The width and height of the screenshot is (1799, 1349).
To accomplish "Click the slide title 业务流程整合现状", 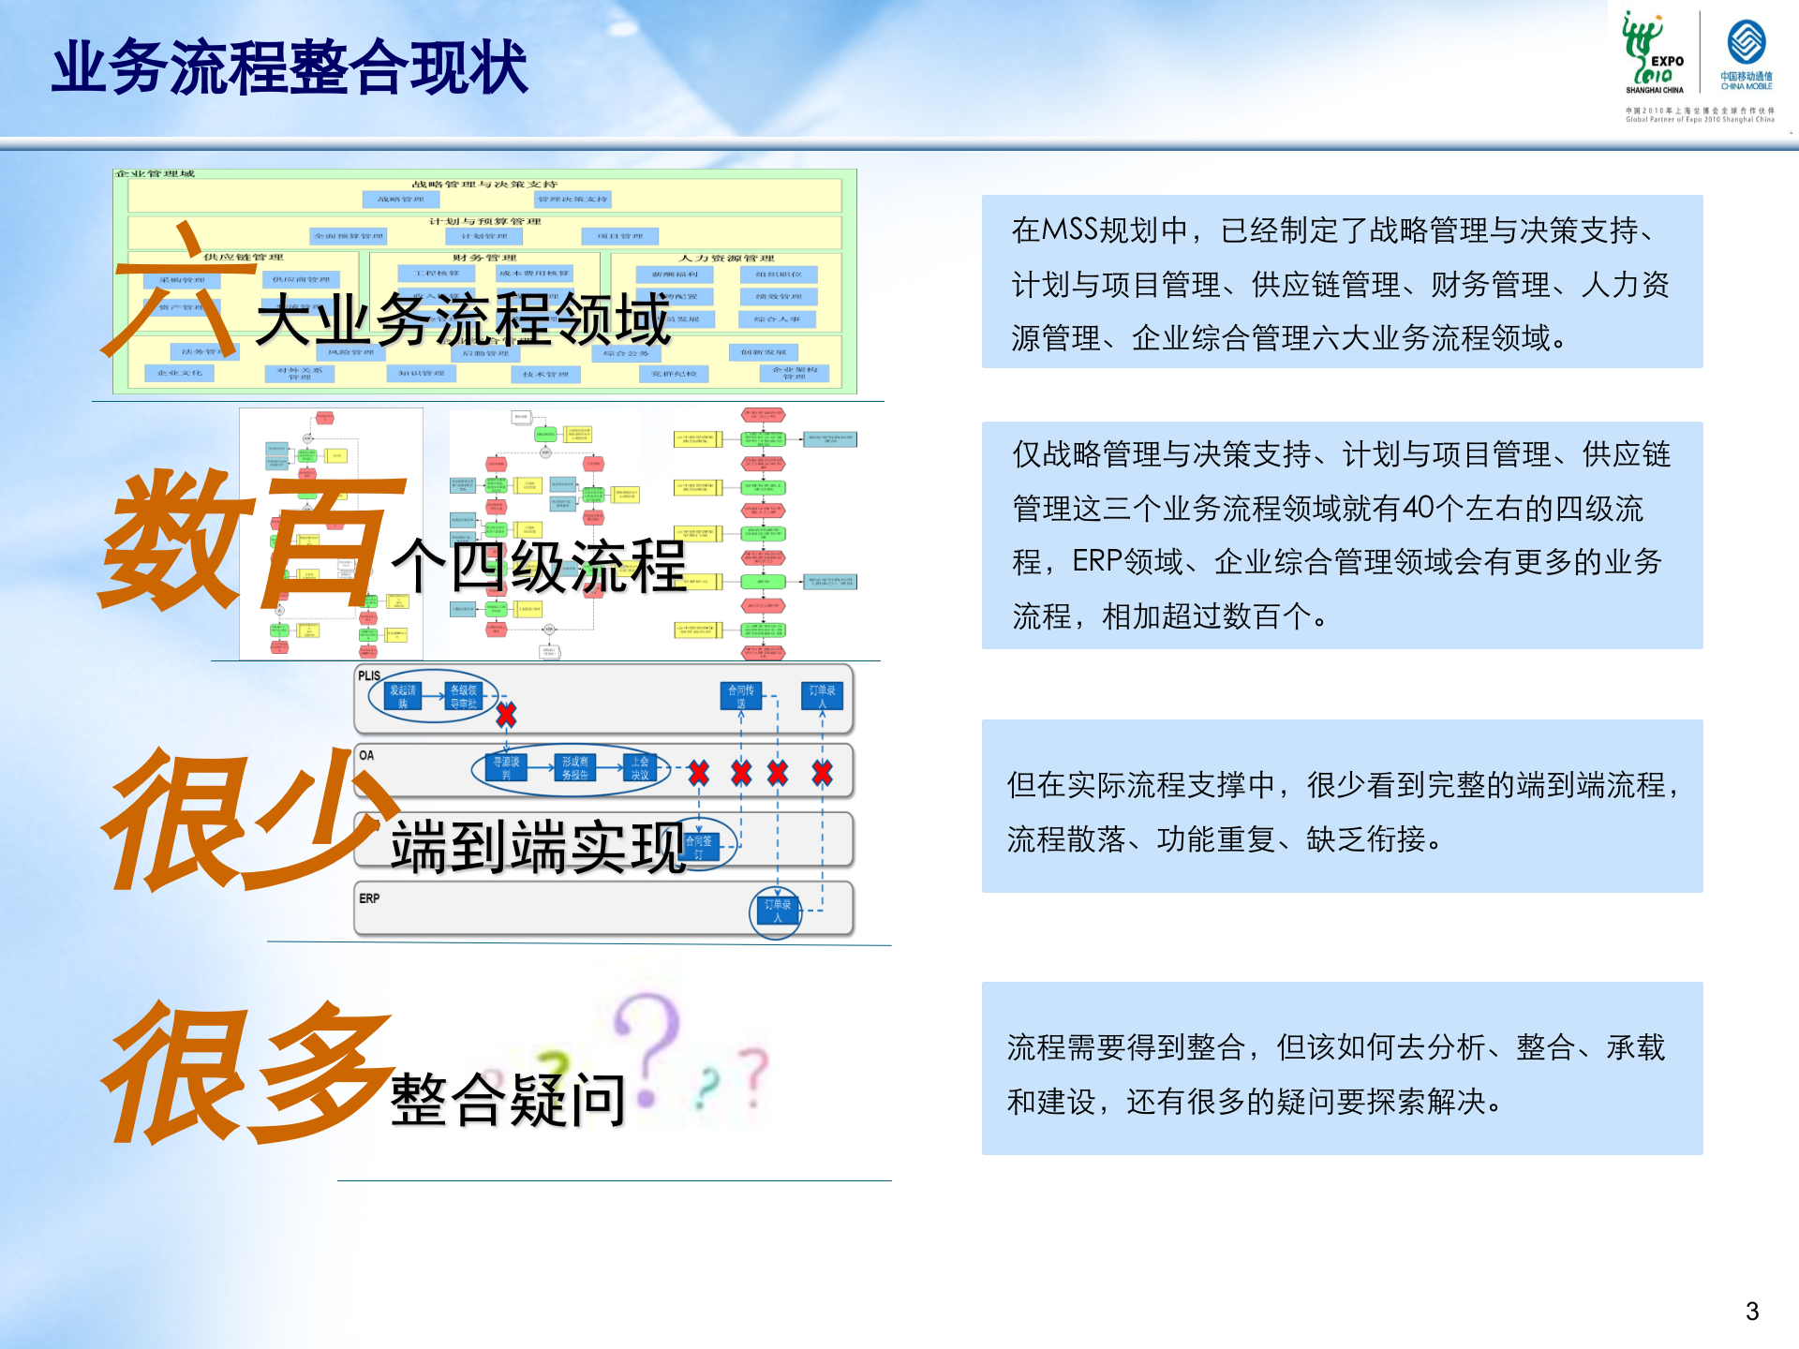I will pyautogui.click(x=290, y=67).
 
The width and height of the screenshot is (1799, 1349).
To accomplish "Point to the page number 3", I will pyautogui.click(x=1751, y=1311).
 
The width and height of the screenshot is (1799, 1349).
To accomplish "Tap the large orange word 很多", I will pyautogui.click(x=248, y=1073).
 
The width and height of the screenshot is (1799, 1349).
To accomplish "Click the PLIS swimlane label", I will pyautogui.click(x=369, y=675).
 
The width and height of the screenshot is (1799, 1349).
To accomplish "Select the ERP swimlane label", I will pyautogui.click(x=369, y=898).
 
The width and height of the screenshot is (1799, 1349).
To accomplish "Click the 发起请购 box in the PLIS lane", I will pyautogui.click(x=403, y=696).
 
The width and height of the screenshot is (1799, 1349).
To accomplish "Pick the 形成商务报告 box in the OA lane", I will pyautogui.click(x=574, y=768).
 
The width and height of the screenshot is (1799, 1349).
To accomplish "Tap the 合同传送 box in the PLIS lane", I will pyautogui.click(x=740, y=696).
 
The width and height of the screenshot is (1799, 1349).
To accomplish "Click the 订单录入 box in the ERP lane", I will pyautogui.click(x=777, y=911).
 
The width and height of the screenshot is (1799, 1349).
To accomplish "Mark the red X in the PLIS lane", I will pyautogui.click(x=506, y=716).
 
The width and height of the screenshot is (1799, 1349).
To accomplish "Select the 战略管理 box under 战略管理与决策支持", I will pyautogui.click(x=400, y=199).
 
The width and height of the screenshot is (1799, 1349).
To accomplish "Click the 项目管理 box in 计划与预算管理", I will pyautogui.click(x=619, y=236).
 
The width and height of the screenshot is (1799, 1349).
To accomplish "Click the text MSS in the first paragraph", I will pyautogui.click(x=1068, y=230).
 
